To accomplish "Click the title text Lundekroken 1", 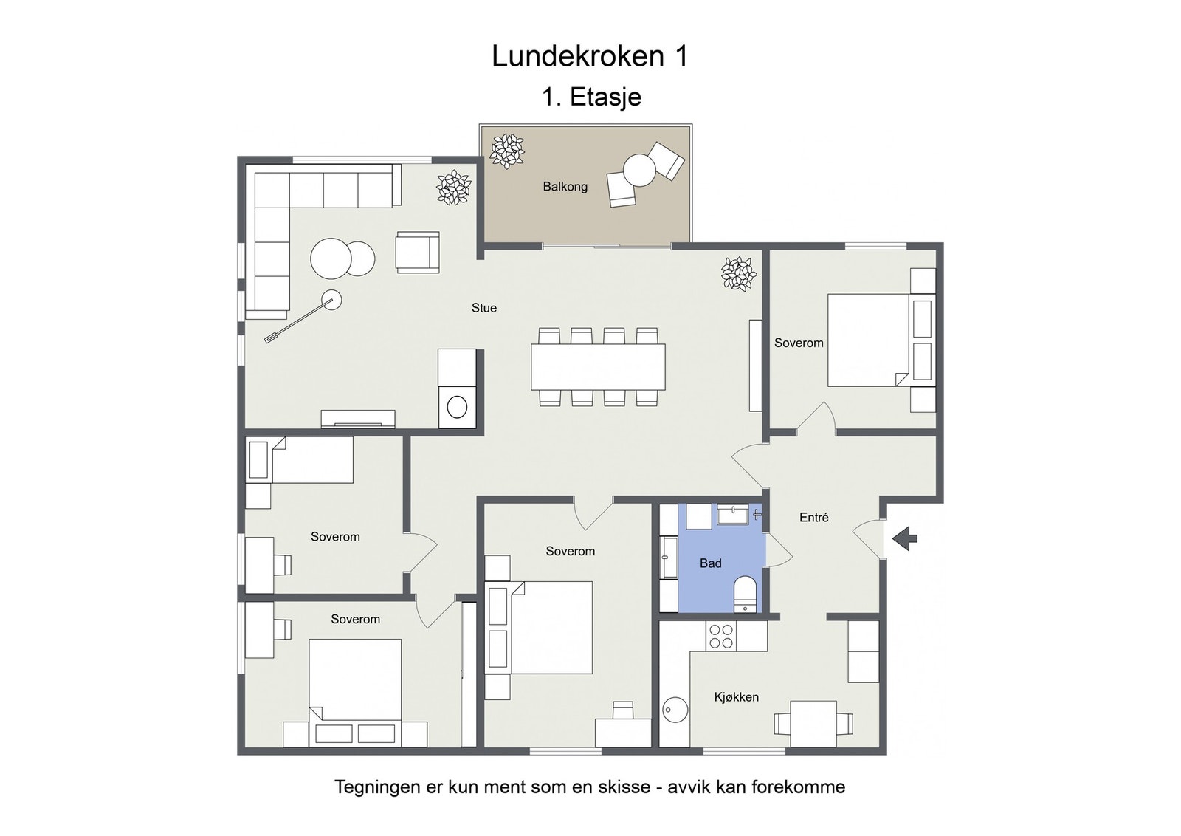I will (x=590, y=57).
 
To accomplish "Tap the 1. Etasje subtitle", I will (x=591, y=97).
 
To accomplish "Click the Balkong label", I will (x=565, y=187).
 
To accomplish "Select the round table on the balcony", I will (x=639, y=170).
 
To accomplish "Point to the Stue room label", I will (x=484, y=308).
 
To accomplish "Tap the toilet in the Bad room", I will (x=746, y=593).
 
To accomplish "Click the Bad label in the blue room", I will (x=710, y=563).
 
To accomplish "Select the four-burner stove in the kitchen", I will (x=721, y=637).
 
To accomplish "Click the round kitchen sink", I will (x=675, y=710).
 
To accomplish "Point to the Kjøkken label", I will (x=736, y=697).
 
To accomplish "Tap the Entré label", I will (x=813, y=518).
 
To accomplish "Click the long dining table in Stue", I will (x=598, y=367).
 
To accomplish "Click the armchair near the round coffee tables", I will (x=417, y=253).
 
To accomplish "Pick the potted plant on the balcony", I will (x=507, y=151).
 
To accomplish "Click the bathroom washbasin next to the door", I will (x=733, y=514).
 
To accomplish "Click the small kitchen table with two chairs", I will (x=813, y=723).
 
